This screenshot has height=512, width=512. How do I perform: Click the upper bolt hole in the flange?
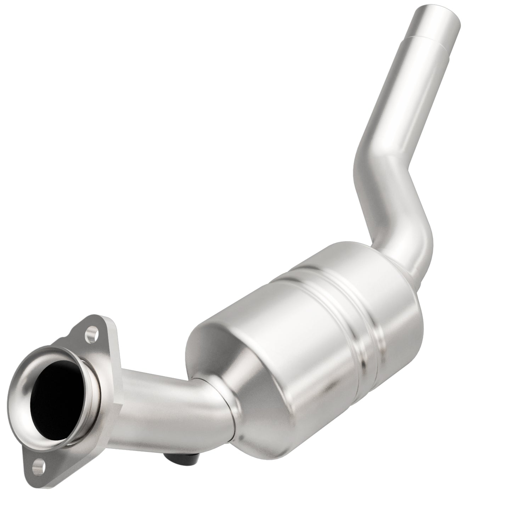(x=93, y=334)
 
